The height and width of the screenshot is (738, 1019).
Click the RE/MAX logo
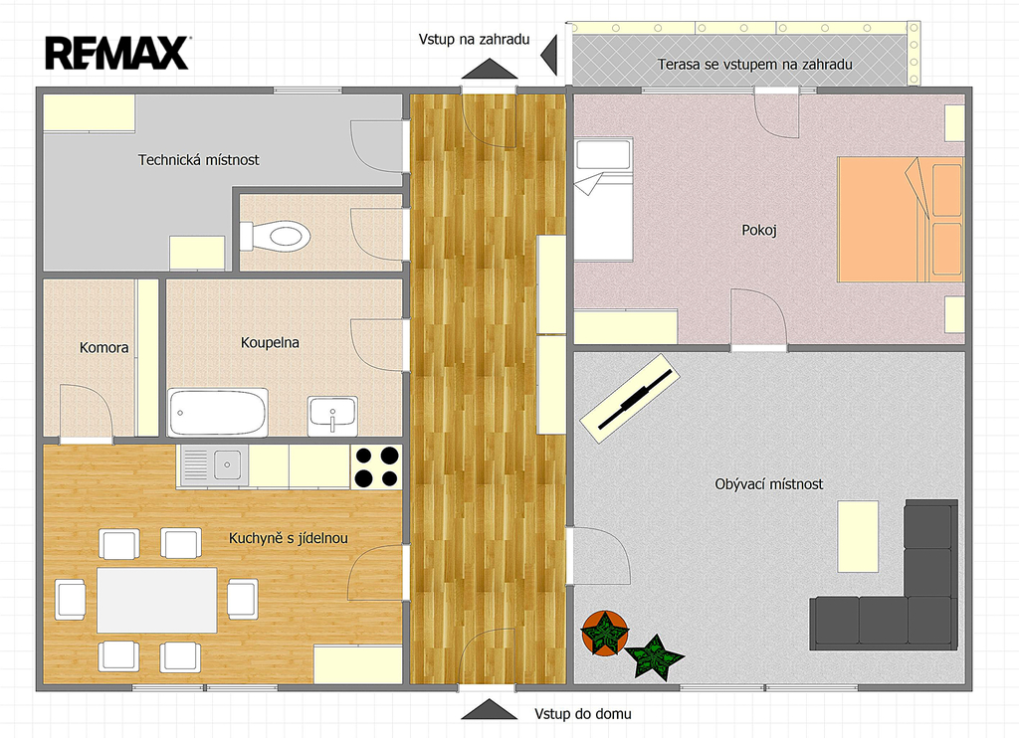(x=117, y=53)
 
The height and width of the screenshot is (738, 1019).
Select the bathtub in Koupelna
(x=218, y=413)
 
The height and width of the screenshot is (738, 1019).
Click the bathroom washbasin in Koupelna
(x=332, y=416)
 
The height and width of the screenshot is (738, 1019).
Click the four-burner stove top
(x=376, y=466)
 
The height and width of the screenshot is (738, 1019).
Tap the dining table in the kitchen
(x=156, y=600)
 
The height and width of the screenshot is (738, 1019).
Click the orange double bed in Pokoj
(x=900, y=219)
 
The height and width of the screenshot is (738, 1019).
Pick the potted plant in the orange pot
(x=605, y=633)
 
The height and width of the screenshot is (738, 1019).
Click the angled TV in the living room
(x=630, y=398)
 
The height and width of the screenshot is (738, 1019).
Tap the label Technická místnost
(x=198, y=160)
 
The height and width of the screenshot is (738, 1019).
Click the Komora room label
(x=103, y=347)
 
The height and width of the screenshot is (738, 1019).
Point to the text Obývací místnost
(x=769, y=484)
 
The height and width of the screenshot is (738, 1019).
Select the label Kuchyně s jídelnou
(x=288, y=538)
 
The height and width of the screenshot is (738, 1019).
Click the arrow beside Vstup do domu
(x=489, y=709)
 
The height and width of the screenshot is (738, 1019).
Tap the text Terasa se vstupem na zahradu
(x=754, y=65)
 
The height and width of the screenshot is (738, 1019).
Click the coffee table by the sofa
(x=858, y=536)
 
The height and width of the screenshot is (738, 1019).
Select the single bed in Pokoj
(x=604, y=200)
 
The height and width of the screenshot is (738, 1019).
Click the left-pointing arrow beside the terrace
(x=549, y=56)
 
